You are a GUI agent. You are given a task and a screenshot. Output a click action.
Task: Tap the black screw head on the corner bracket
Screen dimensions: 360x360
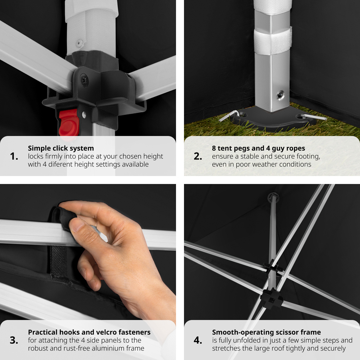click(84, 80)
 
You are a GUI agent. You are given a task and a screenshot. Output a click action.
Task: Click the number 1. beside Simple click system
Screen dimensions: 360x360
click(14, 156)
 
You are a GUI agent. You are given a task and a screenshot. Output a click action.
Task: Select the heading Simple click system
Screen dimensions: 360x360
click(61, 148)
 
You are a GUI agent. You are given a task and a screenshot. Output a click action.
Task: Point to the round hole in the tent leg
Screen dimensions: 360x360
click(280, 95)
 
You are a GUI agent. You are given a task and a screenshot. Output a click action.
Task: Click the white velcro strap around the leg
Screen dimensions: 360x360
click(273, 42)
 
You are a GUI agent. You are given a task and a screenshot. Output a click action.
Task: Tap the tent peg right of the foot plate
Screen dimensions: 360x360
click(314, 117)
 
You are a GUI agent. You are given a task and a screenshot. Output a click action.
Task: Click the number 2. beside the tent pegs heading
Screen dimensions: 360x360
click(198, 156)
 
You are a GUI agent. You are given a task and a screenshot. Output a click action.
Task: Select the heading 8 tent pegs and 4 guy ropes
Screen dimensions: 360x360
click(258, 148)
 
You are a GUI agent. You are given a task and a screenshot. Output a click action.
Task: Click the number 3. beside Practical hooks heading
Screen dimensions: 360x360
click(14, 340)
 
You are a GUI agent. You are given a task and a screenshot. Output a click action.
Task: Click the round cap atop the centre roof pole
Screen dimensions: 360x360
click(273, 197)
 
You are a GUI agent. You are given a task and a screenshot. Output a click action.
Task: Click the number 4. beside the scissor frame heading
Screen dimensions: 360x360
click(198, 340)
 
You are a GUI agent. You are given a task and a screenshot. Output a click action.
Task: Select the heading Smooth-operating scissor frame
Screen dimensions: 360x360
click(266, 332)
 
